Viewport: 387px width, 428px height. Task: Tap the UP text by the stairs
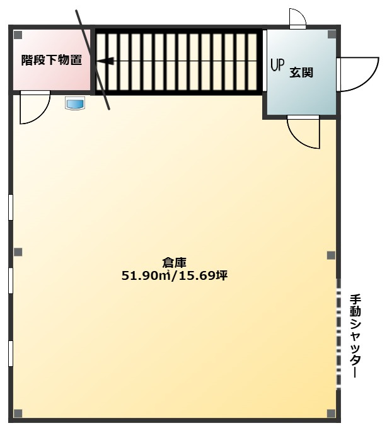[x=277, y=65]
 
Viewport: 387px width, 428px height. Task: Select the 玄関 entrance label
[x=301, y=72]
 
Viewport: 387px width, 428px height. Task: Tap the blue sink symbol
[x=75, y=103]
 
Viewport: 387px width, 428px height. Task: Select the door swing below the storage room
[x=33, y=108]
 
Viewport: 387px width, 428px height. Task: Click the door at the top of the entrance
[x=297, y=20]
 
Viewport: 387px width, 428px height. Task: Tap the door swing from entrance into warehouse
[x=303, y=131]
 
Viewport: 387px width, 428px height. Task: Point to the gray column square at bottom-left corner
[x=18, y=412]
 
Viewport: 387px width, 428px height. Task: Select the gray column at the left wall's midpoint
[x=18, y=253]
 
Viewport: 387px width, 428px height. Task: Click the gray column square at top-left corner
[x=18, y=35]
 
